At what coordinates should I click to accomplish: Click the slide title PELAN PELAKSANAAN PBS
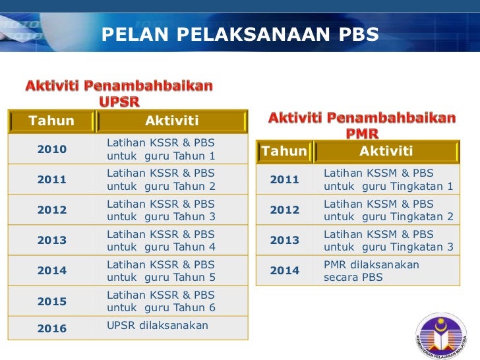pos(240,34)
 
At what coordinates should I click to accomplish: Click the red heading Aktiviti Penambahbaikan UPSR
pos(119,94)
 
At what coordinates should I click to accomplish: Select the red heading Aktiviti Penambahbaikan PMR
pos(362,125)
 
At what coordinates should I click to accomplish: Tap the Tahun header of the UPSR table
pos(51,121)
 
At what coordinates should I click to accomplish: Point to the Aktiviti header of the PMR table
pos(386,152)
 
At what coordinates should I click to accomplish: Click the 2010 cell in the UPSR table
pos(51,149)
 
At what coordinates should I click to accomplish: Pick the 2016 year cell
pos(51,328)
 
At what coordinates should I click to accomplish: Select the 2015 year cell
pos(51,301)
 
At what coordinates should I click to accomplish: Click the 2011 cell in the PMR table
pos(284,179)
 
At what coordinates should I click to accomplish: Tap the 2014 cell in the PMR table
pos(284,270)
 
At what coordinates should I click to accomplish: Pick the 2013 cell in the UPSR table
pos(51,240)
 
